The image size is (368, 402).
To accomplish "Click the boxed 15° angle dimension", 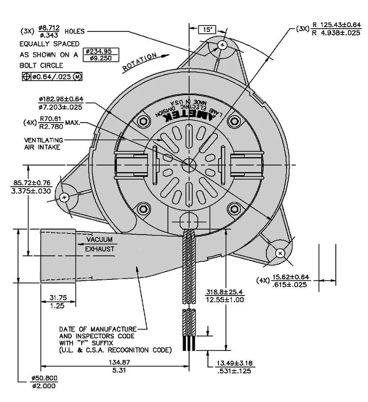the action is point(207,30).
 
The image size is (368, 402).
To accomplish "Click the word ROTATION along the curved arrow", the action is point(139,62).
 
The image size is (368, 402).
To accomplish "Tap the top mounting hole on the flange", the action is point(223,45).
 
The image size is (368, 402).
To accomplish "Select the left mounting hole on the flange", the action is point(64,197).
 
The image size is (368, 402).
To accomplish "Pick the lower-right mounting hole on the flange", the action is point(280,253).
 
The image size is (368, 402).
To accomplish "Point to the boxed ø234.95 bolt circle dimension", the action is point(101,54).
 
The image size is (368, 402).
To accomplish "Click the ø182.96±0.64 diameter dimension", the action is point(61,103).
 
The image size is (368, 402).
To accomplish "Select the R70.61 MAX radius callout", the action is point(52,123).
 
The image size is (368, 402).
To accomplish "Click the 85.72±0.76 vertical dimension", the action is point(31,187).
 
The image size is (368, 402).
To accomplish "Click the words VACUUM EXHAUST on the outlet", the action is point(100,244).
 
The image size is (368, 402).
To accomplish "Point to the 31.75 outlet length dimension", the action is point(58,301).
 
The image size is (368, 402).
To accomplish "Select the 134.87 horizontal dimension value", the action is point(119,366).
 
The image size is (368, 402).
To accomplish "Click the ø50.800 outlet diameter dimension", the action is point(44,382).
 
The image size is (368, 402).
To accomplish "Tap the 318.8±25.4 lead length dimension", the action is point(225,296).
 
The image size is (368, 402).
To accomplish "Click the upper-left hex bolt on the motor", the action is point(144,121).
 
